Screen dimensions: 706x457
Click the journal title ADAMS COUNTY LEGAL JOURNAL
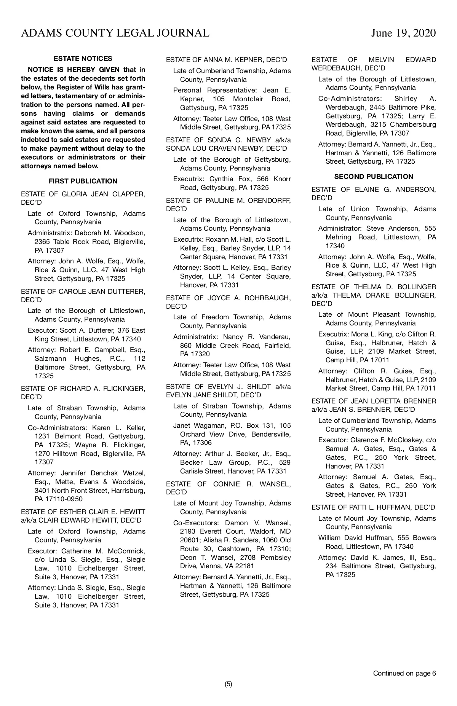click(115, 33)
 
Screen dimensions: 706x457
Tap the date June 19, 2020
click(404, 33)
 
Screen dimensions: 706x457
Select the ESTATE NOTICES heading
click(83, 59)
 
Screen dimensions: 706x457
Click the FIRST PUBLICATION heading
click(83, 181)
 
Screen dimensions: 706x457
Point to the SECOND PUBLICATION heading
click(374, 177)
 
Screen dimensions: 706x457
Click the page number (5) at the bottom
click(228, 684)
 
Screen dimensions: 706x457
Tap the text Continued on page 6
click(404, 673)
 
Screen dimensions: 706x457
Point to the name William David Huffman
click(357, 538)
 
